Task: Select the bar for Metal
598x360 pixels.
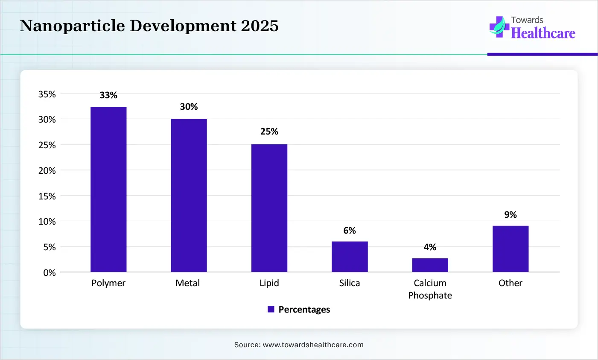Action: (189, 195)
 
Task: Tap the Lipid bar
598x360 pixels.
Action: (269, 208)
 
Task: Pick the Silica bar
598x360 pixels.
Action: (350, 257)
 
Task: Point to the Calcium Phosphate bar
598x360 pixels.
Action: (430, 265)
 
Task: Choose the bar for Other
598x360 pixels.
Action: (510, 249)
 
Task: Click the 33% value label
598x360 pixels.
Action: (108, 95)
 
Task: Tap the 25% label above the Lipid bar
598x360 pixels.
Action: (269, 132)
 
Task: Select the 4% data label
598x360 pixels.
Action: (430, 247)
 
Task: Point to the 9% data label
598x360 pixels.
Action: (510, 215)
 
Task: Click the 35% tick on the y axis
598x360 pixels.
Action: (47, 94)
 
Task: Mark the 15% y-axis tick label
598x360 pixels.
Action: (47, 196)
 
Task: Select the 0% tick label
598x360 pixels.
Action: (50, 273)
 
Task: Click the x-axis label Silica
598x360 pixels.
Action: (350, 283)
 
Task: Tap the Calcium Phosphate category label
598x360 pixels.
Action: (430, 289)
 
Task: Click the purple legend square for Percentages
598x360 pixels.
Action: (271, 309)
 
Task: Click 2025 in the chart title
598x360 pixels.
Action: (260, 26)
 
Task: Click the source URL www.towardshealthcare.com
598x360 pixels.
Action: (313, 345)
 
